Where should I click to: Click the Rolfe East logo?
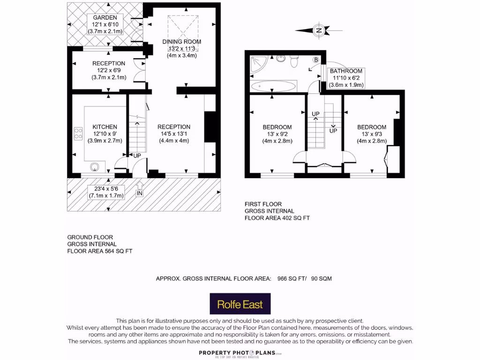point(240,304)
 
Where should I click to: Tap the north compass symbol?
point(319,30)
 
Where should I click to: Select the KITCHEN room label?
point(105,127)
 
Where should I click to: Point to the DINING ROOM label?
point(182,42)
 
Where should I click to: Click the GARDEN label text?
point(105,18)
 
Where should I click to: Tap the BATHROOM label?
point(347,71)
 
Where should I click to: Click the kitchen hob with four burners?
point(78,134)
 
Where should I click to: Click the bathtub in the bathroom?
point(273,86)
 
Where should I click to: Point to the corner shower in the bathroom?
point(257,64)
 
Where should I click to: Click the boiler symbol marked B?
point(315,60)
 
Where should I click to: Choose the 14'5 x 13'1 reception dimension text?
point(173,134)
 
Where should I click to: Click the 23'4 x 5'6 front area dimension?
point(105,188)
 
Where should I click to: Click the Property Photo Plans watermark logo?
point(240,353)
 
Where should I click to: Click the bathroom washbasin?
point(281,59)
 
